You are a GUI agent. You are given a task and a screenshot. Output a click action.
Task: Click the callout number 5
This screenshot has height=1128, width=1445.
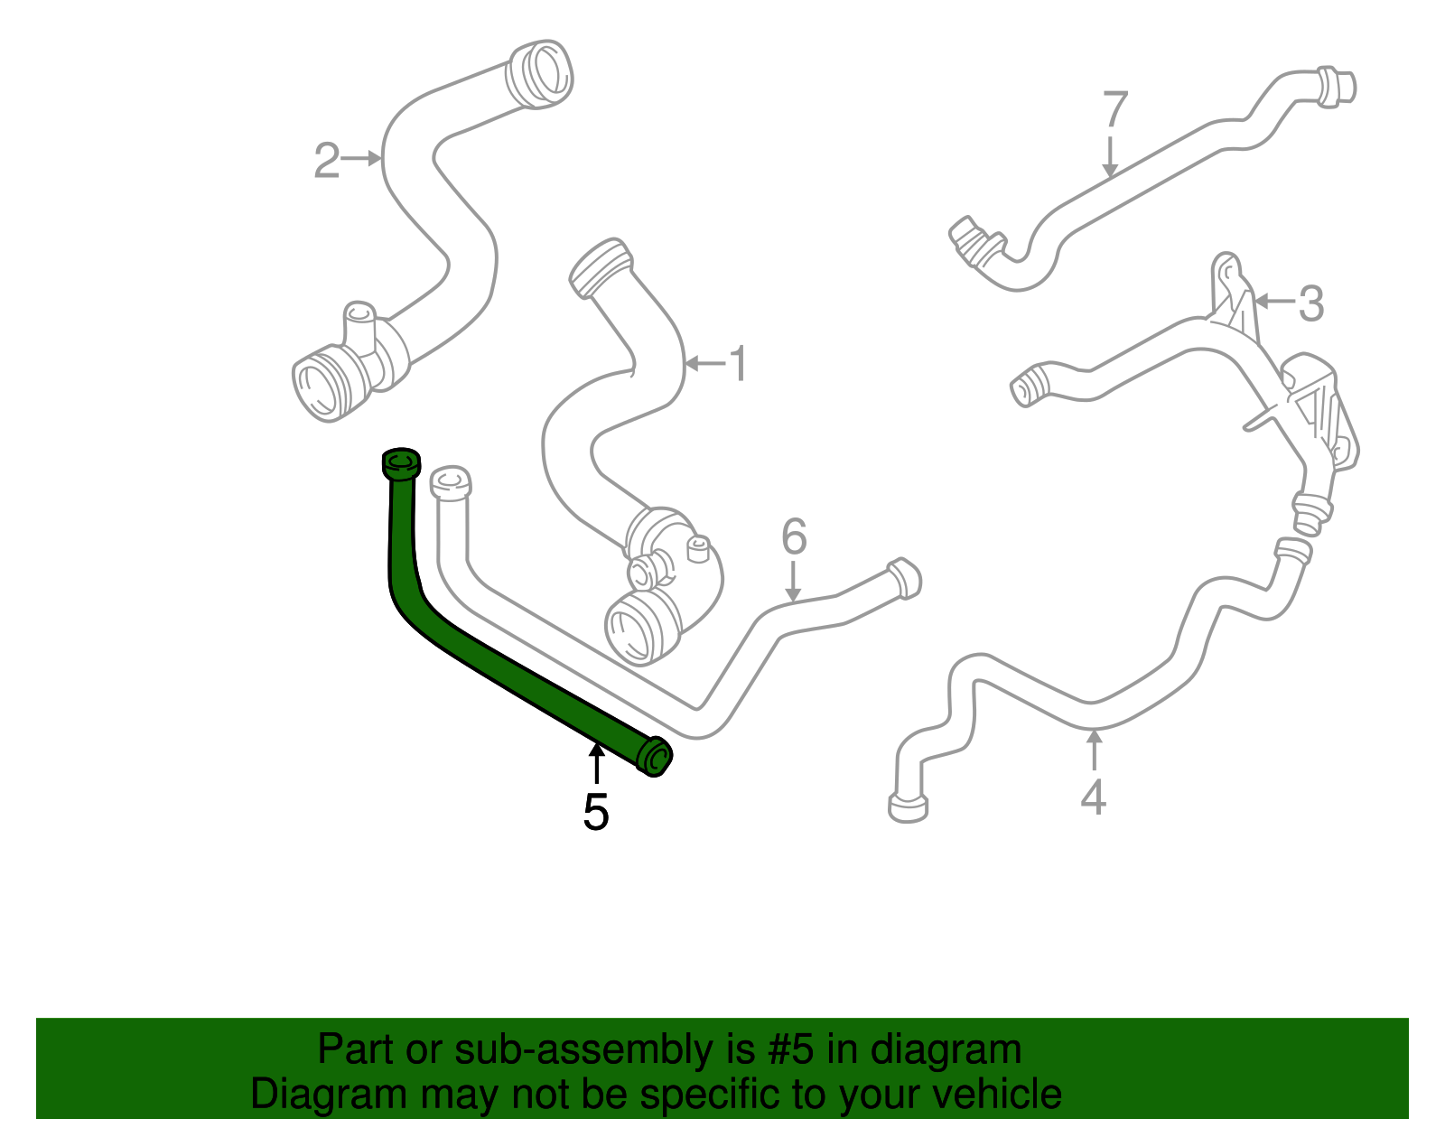coord(596,812)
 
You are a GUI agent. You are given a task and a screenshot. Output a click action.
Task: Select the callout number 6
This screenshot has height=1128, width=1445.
coord(794,536)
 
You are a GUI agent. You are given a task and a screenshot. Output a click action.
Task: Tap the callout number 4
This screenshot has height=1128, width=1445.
coord(1094,797)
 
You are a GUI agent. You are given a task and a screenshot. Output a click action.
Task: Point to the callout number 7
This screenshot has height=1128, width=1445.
coord(1115,109)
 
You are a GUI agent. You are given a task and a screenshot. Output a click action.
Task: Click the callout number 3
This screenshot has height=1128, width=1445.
coord(1310,303)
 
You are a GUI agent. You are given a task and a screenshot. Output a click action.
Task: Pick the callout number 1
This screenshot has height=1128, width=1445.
coord(738,364)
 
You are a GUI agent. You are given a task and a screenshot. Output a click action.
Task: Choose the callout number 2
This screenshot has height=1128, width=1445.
coord(327,160)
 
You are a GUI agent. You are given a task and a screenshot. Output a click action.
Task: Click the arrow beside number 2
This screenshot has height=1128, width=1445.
coord(361,158)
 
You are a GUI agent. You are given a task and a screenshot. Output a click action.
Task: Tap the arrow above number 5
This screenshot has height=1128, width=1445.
coord(597,764)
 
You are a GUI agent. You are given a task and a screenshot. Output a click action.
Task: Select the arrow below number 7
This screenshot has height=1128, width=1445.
coord(1109,157)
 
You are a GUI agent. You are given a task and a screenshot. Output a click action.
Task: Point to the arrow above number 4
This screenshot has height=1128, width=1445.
coord(1094,750)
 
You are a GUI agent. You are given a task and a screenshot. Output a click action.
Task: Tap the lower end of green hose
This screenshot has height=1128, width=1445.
coord(655,757)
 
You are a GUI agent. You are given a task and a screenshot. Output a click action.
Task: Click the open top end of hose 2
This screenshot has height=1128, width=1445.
coord(540,74)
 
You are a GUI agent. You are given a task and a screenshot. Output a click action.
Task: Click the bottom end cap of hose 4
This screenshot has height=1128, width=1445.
coord(908,807)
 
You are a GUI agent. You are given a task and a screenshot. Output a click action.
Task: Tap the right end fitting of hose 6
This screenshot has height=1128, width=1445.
coord(904,579)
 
